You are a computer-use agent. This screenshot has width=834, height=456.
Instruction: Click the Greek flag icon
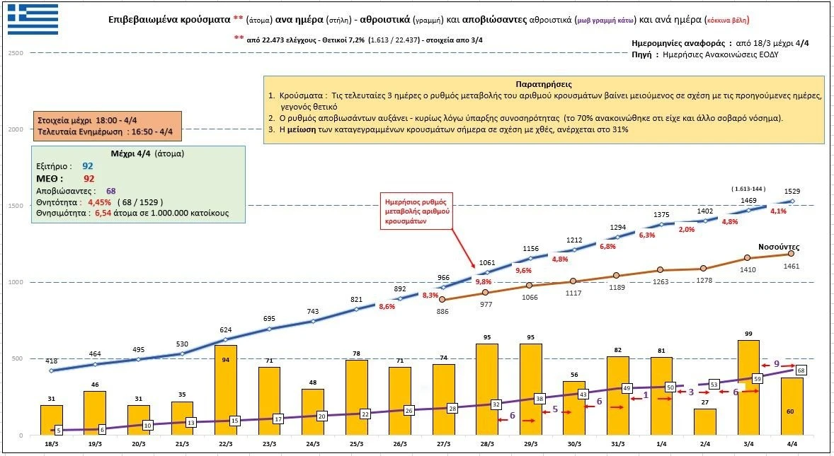(33, 18)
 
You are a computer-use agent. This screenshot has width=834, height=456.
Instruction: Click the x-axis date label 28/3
(487, 443)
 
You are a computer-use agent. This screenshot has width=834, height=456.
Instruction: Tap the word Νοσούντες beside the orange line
(779, 247)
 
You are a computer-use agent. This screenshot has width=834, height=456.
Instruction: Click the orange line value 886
(443, 311)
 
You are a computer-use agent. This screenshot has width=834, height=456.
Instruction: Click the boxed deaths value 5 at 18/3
(58, 430)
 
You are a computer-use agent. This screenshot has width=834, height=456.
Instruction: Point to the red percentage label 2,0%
(686, 230)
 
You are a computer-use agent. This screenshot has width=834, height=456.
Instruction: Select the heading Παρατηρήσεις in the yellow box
(544, 84)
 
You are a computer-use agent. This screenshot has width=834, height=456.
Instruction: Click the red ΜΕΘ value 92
(88, 179)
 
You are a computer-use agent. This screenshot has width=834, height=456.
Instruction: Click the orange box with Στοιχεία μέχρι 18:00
(106, 125)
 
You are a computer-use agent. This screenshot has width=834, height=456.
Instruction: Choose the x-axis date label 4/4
(792, 443)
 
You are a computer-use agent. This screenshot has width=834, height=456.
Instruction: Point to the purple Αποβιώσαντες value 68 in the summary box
(111, 191)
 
